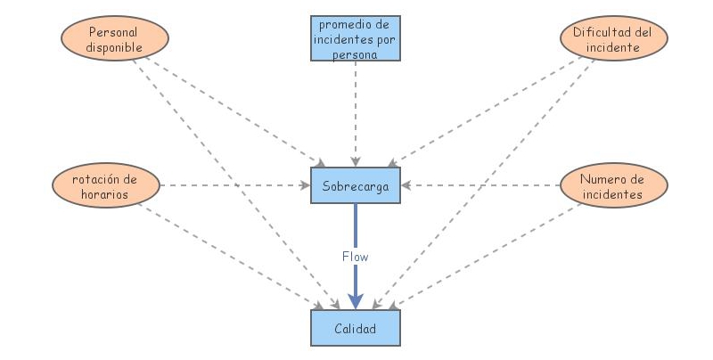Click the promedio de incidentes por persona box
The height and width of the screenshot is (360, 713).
coord(356,38)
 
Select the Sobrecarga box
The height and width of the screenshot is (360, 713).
coord(356,185)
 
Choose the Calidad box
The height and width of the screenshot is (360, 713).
coord(356,329)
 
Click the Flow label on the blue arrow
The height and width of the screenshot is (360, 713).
coord(356,256)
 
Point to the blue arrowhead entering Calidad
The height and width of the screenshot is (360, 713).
coord(356,301)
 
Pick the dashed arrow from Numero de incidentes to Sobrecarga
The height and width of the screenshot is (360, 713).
coord(481,186)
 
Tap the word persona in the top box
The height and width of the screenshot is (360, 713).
coord(356,53)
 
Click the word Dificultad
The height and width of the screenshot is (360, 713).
coord(596,32)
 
